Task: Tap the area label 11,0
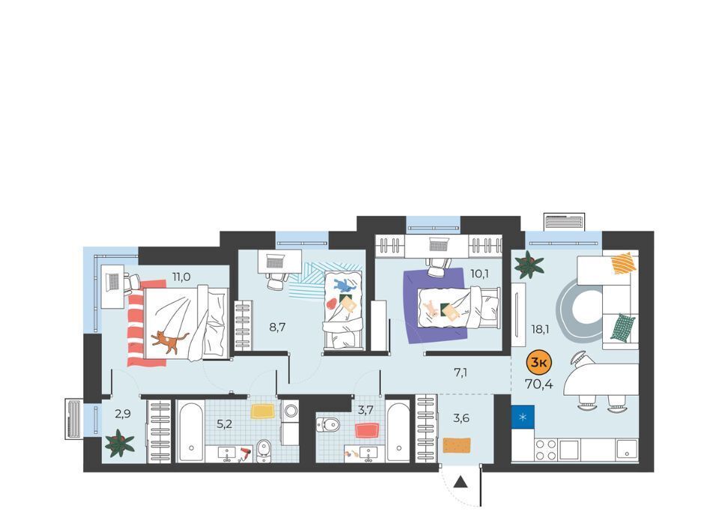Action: (x=181, y=276)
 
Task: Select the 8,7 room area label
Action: (x=277, y=327)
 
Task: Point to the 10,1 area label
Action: (x=479, y=273)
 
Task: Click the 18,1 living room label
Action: (x=540, y=329)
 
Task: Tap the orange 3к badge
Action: (x=539, y=363)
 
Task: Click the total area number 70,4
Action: (x=539, y=384)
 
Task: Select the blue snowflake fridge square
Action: (x=523, y=417)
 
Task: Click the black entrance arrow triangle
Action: (x=461, y=482)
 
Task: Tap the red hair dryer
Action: (x=246, y=453)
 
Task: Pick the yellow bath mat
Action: (x=263, y=411)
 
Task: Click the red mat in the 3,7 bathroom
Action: (x=367, y=431)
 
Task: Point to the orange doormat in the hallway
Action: (x=457, y=445)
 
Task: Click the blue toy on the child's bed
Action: (x=345, y=285)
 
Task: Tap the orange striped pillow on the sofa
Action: (x=624, y=264)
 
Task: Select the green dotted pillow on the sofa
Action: (x=622, y=327)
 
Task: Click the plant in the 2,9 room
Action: (x=120, y=444)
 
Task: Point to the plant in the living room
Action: (x=529, y=265)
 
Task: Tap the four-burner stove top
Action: (x=546, y=450)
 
